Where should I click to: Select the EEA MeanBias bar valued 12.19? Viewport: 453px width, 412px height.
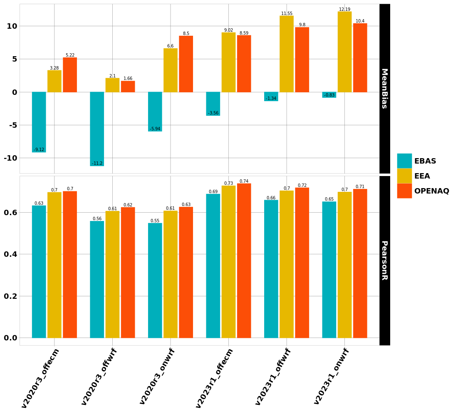[344, 52]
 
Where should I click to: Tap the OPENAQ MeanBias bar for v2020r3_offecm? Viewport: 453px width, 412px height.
[70, 75]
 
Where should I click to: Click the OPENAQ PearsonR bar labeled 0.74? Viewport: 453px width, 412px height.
[244, 261]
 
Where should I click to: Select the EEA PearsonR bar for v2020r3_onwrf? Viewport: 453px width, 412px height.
[171, 274]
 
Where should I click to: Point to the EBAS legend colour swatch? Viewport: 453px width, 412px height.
[404, 161]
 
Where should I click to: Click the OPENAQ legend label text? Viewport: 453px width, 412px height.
[431, 191]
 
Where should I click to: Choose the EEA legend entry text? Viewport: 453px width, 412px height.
[422, 176]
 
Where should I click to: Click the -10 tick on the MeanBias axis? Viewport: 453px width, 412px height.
[10, 158]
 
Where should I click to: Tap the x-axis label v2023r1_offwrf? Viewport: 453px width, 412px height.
[273, 376]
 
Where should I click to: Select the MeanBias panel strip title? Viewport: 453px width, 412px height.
[384, 89]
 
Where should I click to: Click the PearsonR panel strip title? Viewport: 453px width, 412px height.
[384, 260]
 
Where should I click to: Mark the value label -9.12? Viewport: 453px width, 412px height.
[39, 150]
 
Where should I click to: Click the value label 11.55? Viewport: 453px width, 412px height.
[287, 14]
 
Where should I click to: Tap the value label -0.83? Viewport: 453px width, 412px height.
[329, 95]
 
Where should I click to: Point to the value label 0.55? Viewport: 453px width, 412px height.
[155, 221]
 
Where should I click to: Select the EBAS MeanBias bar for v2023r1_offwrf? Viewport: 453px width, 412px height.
[271, 96]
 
